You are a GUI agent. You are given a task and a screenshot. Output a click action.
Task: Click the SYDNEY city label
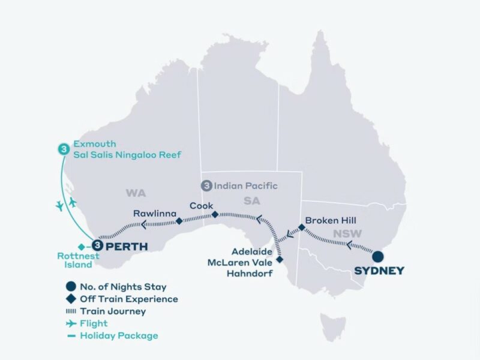[x=379, y=271]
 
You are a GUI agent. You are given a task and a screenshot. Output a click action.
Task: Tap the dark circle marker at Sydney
[x=377, y=257]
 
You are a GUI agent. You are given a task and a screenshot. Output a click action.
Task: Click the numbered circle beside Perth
[x=96, y=245]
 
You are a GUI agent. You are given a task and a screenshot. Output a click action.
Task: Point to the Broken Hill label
[x=331, y=220]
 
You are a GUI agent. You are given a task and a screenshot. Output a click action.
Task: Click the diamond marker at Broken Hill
[x=301, y=227]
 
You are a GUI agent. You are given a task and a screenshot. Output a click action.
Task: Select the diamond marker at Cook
[x=215, y=214]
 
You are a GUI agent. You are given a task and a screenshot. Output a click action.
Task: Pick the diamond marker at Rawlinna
[x=179, y=221]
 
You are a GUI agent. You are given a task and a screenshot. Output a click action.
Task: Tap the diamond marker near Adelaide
[x=281, y=260]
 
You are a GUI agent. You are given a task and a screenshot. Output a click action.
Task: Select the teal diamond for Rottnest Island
[x=82, y=246]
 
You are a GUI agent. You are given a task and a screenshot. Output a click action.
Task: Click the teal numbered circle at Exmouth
[x=62, y=149]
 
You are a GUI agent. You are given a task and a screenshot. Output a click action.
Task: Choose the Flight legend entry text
[x=94, y=323]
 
